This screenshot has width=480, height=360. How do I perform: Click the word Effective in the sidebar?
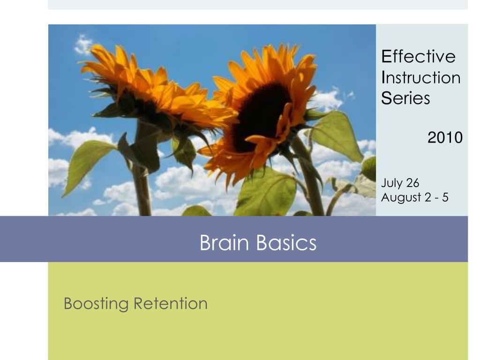[x=418, y=57]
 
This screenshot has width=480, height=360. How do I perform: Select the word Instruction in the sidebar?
[x=420, y=77]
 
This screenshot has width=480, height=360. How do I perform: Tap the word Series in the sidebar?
[x=405, y=98]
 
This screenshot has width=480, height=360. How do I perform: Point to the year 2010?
[x=445, y=137]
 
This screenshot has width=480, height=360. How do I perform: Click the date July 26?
[x=400, y=183]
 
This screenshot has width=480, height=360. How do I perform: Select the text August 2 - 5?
[x=414, y=197]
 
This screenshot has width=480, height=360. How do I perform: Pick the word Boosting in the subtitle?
[x=96, y=304]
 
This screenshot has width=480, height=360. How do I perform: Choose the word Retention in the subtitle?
[x=171, y=303]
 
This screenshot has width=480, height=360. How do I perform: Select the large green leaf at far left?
[x=87, y=164]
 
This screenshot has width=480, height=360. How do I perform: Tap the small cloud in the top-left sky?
[x=83, y=45]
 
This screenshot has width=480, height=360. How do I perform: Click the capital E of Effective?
[x=386, y=57]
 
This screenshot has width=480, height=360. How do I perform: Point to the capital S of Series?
[x=385, y=98]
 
